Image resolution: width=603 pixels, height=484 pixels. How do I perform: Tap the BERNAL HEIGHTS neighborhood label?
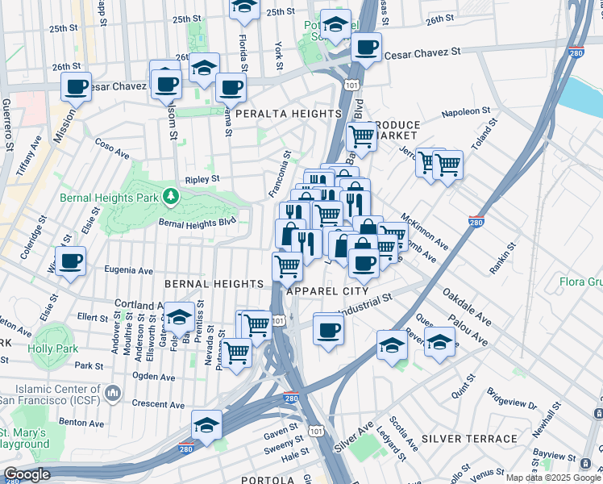214,284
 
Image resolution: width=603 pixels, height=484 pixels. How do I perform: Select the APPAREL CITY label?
332,290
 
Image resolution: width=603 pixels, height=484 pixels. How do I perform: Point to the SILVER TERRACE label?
469,439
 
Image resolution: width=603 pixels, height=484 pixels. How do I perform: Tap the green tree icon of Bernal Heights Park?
170,195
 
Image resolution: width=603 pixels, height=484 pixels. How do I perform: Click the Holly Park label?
52,348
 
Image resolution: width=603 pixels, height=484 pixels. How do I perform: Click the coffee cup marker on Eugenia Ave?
71,262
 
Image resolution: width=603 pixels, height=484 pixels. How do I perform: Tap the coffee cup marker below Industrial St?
328,330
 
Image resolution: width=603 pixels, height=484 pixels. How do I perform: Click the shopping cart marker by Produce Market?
362,138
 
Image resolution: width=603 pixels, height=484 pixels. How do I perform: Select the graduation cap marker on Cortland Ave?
180,317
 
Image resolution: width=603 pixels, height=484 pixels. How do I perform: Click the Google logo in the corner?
27,474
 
